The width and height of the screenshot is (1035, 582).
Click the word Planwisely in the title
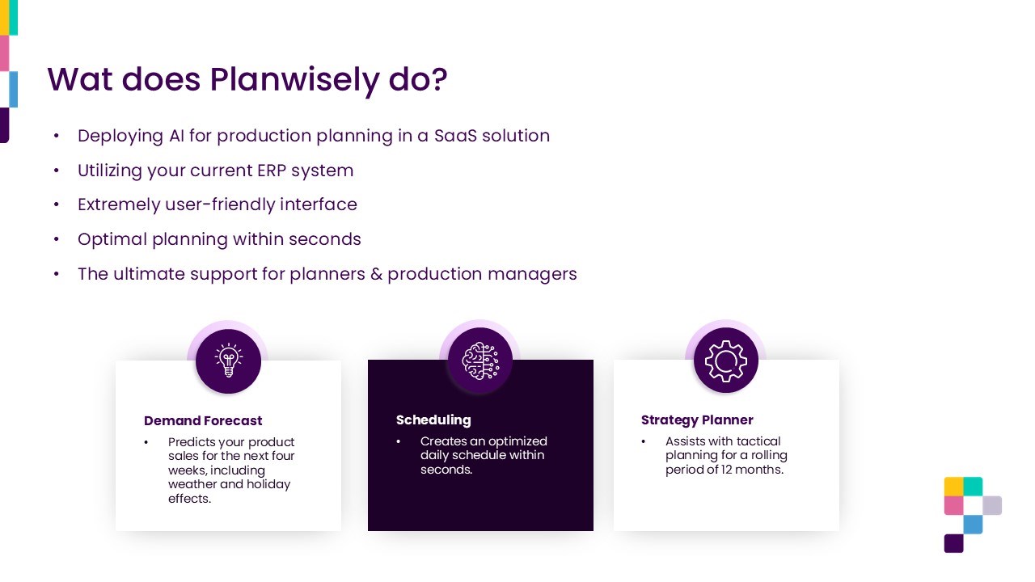pos(295,80)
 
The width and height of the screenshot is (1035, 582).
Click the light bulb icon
pos(228,361)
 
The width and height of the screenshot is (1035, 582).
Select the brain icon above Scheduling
pos(480,361)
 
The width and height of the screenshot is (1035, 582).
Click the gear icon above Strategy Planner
pos(725,361)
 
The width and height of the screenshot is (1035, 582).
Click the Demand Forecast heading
pos(203,421)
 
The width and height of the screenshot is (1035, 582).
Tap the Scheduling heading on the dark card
pos(433,420)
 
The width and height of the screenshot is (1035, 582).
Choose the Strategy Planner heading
pos(697,420)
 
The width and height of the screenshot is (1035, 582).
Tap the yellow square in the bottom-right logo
pos(953,487)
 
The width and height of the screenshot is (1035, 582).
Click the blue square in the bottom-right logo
pos(973,525)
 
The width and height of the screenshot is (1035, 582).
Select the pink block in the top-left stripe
pos(4,53)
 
